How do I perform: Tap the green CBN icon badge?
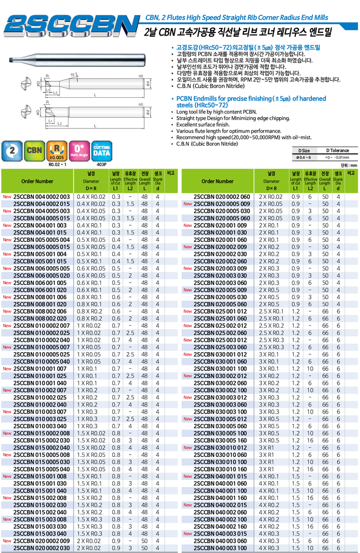pyautogui.click(x=35, y=150)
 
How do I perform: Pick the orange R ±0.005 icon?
pyautogui.click(x=56, y=150)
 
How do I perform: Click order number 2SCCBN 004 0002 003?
pyautogui.click(x=42, y=197)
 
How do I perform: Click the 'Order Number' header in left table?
pyautogui.click(x=38, y=181)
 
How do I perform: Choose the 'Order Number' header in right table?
pyautogui.click(x=218, y=181)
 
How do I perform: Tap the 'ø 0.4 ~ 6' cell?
pyautogui.click(x=304, y=157)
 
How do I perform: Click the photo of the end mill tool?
pyautogui.click(x=76, y=61)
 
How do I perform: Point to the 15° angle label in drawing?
pyautogui.click(x=73, y=75)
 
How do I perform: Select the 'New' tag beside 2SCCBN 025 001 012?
pyautogui.click(x=187, y=311)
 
